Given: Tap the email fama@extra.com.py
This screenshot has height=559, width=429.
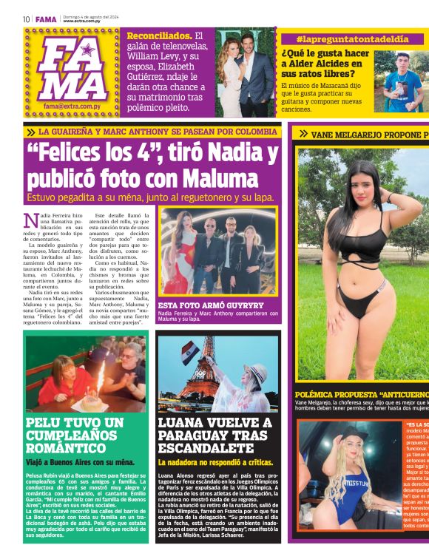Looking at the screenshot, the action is tap(72, 106).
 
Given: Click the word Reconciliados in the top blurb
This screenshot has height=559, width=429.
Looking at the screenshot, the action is tap(158, 35).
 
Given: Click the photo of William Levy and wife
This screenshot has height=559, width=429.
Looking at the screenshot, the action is tap(246, 72).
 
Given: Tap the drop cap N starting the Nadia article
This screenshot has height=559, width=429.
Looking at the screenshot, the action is tap(32, 220).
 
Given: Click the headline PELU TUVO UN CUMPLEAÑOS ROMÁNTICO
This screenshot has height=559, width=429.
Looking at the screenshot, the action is tap(74, 435).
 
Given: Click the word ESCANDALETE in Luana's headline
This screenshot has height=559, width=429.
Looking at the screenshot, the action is tap(205, 447).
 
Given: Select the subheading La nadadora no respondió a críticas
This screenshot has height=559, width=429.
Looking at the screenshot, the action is tap(215, 461).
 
